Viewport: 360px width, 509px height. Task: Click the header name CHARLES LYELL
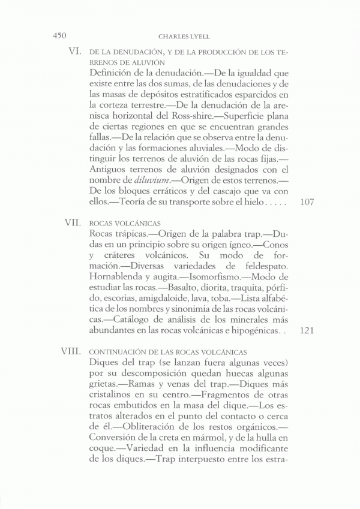coord(180,35)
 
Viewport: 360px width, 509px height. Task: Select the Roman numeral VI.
coord(75,52)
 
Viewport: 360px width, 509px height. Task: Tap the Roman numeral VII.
coord(73,222)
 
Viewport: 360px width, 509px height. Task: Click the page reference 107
coord(306,202)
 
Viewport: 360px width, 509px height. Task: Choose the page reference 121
coord(306,330)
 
